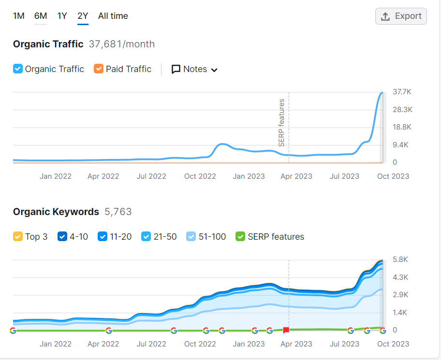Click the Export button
[401, 16]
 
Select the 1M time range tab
[18, 16]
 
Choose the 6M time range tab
[41, 16]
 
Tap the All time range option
[113, 16]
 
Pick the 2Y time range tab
[83, 16]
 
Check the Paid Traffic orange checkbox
[99, 69]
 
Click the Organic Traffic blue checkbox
[18, 69]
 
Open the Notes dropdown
[194, 69]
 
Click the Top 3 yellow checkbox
[18, 236]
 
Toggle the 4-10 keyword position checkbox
[62, 236]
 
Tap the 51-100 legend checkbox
[191, 236]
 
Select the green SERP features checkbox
[240, 236]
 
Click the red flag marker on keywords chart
[286, 330]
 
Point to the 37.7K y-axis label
[402, 92]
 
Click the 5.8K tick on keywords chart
[400, 259]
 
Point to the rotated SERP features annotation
[281, 123]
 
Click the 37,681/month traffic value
[122, 44]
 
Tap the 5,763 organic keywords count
[118, 212]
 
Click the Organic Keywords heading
[56, 212]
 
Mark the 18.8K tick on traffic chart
[402, 127]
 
